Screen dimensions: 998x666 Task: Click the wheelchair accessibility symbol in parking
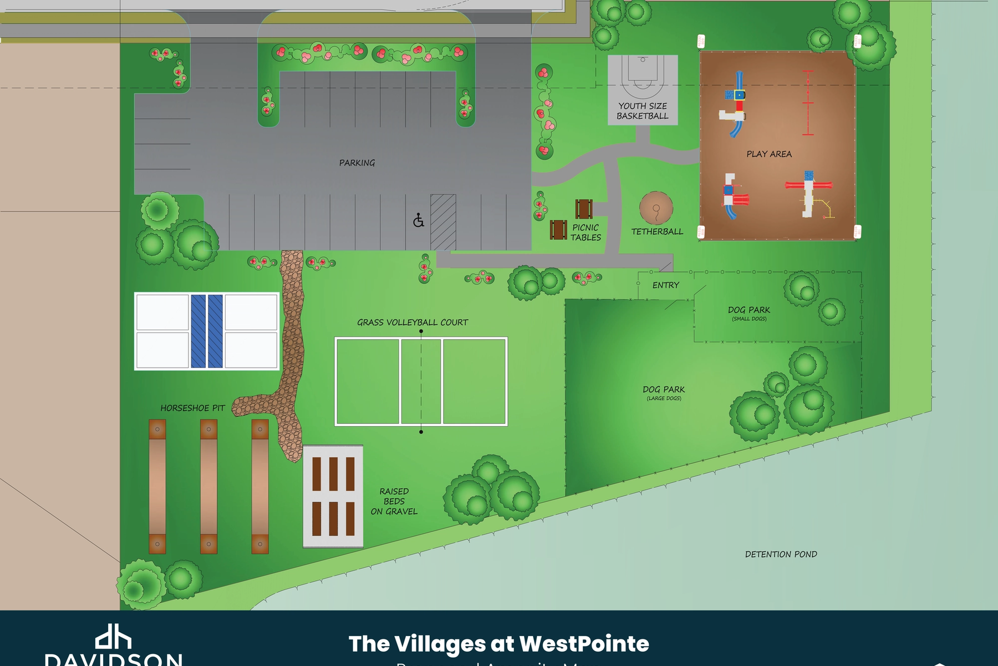point(419,221)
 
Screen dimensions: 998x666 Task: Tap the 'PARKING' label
point(357,163)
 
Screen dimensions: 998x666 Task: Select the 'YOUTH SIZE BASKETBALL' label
point(643,111)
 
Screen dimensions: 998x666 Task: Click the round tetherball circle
point(656,208)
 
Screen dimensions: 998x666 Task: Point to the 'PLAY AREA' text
point(769,154)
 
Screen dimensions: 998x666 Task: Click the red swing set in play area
point(808,103)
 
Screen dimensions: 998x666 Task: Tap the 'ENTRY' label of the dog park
point(665,285)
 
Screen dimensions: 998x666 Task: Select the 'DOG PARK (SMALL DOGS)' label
point(749,313)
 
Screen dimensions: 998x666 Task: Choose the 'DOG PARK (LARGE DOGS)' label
point(664,392)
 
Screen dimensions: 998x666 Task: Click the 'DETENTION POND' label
point(781,554)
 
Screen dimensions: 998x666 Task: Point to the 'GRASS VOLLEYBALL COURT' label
point(413,322)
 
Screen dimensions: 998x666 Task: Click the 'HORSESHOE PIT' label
point(192,408)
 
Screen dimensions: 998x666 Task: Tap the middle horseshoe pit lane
point(208,486)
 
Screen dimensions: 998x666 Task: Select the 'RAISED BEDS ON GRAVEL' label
point(394,501)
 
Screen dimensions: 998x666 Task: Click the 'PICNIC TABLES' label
point(585,232)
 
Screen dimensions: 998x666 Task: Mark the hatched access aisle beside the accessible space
point(443,222)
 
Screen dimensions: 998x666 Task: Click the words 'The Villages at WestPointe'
point(498,644)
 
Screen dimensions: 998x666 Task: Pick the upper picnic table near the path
point(584,209)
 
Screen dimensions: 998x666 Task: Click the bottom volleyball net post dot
point(421,431)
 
